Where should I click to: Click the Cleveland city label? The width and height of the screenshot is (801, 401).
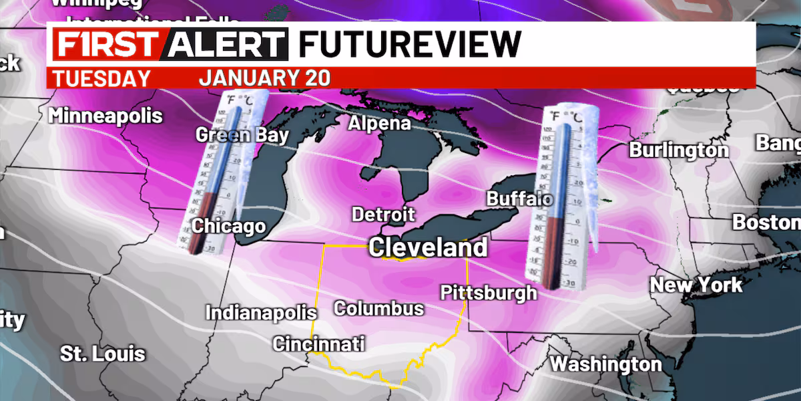428,247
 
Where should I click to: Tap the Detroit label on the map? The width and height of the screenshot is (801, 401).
383,215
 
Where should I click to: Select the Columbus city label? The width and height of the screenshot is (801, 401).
378,308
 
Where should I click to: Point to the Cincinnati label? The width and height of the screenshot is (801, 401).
319,344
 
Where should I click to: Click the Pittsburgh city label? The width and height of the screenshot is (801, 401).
489,292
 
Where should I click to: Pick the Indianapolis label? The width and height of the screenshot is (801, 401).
260,313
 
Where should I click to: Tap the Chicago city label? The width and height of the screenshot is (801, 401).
228,227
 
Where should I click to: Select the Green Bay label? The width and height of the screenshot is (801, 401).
242,135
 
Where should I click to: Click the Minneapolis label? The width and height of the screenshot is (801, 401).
105,115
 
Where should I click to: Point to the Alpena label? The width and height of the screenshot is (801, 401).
379,124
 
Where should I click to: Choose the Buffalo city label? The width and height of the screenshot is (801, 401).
519,198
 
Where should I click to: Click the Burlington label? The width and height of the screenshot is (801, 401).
679,150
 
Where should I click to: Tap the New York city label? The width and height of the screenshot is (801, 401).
696,285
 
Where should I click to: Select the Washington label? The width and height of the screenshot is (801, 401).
605,364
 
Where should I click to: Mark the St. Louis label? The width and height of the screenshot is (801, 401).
103,354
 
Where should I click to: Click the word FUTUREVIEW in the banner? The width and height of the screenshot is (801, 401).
409,45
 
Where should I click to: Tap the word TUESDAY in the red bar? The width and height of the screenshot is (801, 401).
101,78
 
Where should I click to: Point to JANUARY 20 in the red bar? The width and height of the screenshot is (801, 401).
264,78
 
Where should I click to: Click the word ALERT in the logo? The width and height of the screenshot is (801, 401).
226,45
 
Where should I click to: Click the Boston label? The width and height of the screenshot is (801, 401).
766,222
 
